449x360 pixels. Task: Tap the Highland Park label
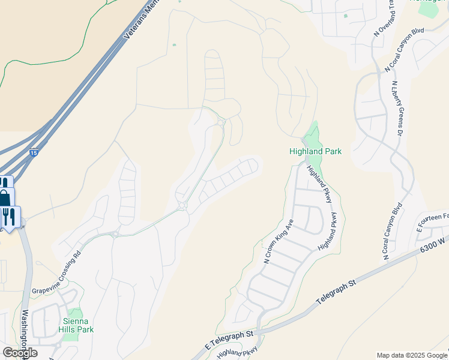click(315, 152)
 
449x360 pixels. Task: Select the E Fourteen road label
click(433, 223)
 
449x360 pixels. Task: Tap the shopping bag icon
click(5, 199)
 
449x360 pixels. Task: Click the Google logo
click(20, 352)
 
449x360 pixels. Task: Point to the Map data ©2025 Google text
click(411, 355)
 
